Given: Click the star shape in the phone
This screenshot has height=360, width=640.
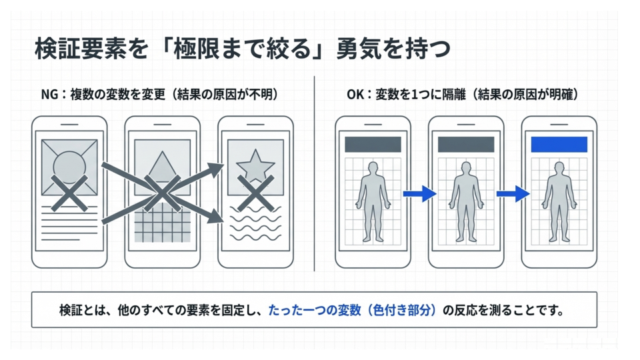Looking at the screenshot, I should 255,166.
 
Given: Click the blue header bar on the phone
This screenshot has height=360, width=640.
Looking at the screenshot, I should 559,145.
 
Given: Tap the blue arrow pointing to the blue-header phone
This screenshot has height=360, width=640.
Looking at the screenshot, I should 512,193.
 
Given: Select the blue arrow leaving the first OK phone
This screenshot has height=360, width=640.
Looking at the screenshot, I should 419,193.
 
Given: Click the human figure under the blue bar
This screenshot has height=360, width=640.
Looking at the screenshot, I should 559,200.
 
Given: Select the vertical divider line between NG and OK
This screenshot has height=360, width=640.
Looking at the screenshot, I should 314,173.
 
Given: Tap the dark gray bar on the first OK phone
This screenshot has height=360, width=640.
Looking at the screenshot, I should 372,145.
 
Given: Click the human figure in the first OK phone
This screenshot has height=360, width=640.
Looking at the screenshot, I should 372,200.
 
